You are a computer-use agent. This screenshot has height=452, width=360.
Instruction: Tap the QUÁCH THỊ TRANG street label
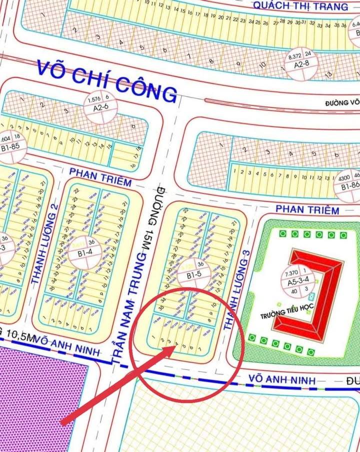[300, 6]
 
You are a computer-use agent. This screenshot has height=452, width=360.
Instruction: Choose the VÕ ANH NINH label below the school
[282, 381]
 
